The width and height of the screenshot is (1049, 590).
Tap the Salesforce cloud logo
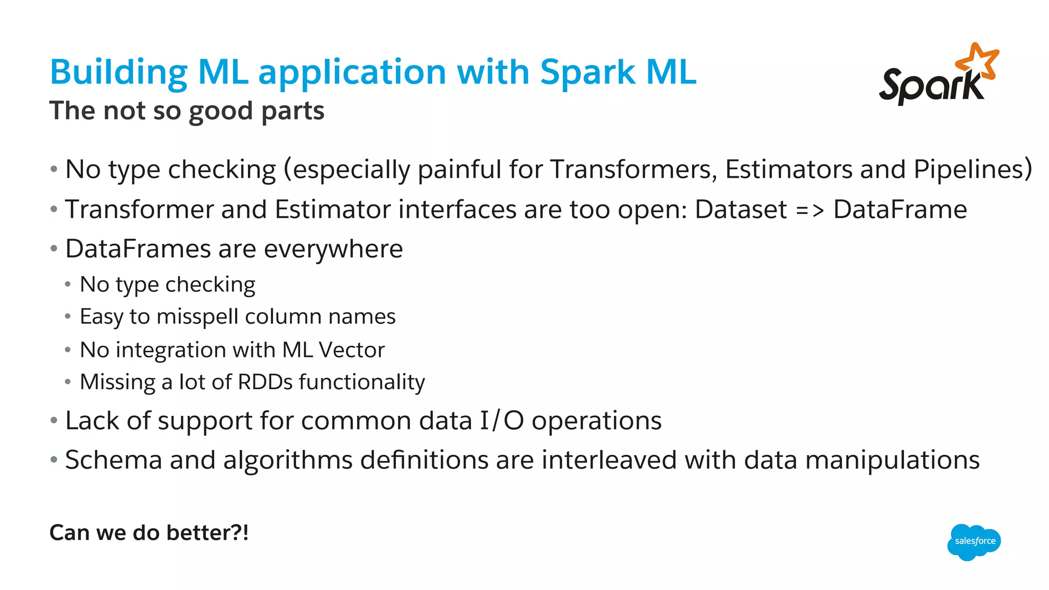974,541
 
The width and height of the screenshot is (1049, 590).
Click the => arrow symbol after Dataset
810,209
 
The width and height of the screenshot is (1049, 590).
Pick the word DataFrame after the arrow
900,209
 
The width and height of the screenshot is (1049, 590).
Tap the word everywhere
333,249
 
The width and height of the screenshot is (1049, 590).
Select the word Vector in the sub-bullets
351,350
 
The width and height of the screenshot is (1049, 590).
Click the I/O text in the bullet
501,421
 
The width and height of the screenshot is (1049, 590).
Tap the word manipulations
892,460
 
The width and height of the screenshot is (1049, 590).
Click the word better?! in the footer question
208,533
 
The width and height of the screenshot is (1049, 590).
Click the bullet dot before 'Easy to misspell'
68,317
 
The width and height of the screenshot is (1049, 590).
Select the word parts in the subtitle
292,111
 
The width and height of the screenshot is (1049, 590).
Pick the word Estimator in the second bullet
332,209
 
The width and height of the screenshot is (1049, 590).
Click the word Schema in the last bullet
114,460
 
